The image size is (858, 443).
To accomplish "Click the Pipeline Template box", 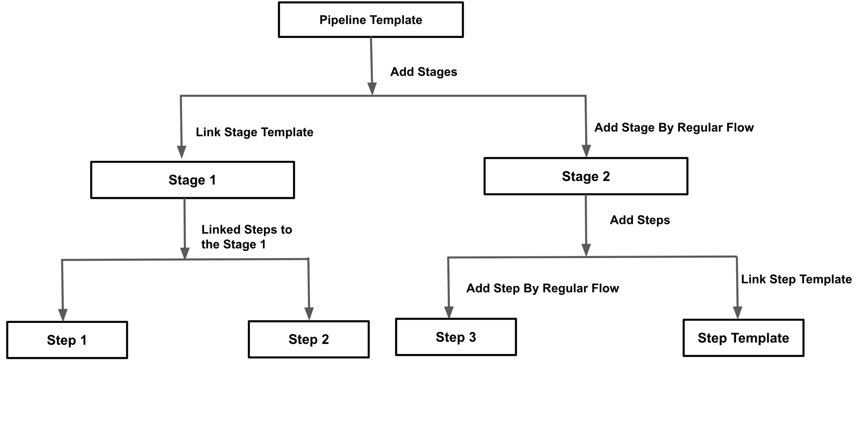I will (x=370, y=20).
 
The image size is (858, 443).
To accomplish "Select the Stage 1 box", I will (x=192, y=180).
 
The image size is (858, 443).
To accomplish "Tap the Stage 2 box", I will (x=586, y=176).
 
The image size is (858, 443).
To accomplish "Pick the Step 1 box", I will (x=67, y=340).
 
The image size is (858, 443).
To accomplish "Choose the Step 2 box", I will (x=308, y=339).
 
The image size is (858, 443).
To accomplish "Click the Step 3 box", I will (x=455, y=337).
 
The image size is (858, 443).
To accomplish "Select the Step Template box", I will (x=743, y=338).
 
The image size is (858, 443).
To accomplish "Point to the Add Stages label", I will (x=423, y=72).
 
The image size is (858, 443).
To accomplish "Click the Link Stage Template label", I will (x=254, y=132).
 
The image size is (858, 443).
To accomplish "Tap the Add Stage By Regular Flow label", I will (x=674, y=127).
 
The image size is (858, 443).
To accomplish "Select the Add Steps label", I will (x=639, y=220).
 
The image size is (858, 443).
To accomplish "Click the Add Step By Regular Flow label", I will (x=542, y=288).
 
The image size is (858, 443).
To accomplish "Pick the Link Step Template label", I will (x=796, y=279).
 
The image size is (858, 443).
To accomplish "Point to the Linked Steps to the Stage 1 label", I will (x=246, y=237).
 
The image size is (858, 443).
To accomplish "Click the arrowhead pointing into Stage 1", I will (x=181, y=152).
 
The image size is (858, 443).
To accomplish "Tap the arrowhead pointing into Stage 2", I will (x=586, y=151).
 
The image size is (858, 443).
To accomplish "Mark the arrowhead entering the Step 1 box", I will (x=63, y=315).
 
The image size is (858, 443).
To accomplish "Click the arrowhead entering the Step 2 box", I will (x=309, y=313).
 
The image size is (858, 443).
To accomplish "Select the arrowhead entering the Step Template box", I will (x=737, y=312).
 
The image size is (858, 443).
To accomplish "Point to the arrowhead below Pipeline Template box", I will (x=372, y=88).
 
